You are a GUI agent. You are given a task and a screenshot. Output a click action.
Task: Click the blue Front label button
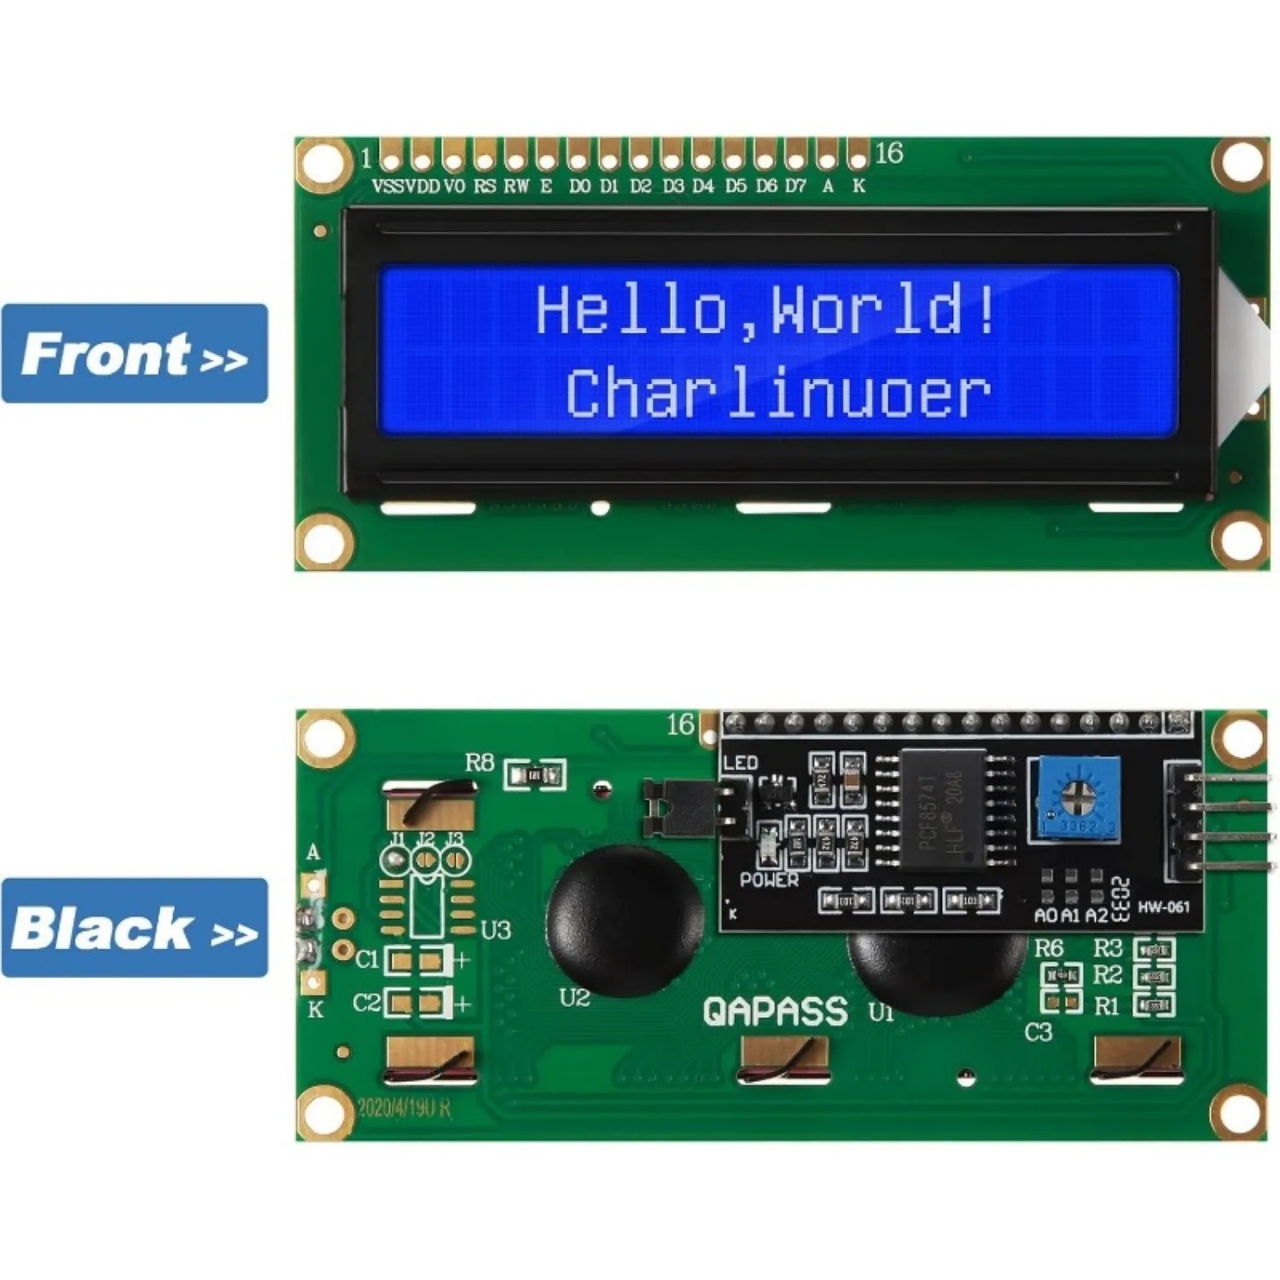point(134,353)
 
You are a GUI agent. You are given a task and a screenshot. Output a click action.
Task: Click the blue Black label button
point(134,928)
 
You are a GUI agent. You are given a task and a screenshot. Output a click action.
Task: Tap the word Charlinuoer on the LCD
point(777,394)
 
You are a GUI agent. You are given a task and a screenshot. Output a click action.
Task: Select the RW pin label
point(515,186)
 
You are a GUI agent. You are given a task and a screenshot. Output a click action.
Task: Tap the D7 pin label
point(795,186)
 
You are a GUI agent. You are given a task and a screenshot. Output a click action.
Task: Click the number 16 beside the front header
point(888,154)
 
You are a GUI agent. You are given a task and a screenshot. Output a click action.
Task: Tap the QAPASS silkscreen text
point(775,1012)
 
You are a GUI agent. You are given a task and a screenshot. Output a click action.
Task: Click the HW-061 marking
point(1163,907)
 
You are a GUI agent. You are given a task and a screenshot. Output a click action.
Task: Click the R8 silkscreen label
point(480,762)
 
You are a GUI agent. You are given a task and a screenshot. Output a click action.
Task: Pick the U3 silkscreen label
point(496,929)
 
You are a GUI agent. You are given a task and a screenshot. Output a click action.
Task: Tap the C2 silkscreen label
point(367,1002)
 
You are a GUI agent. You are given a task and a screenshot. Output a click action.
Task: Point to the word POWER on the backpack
point(769,880)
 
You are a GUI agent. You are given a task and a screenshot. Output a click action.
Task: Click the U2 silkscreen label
point(574,998)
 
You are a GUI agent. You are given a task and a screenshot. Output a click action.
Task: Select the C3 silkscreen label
point(1038,1033)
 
